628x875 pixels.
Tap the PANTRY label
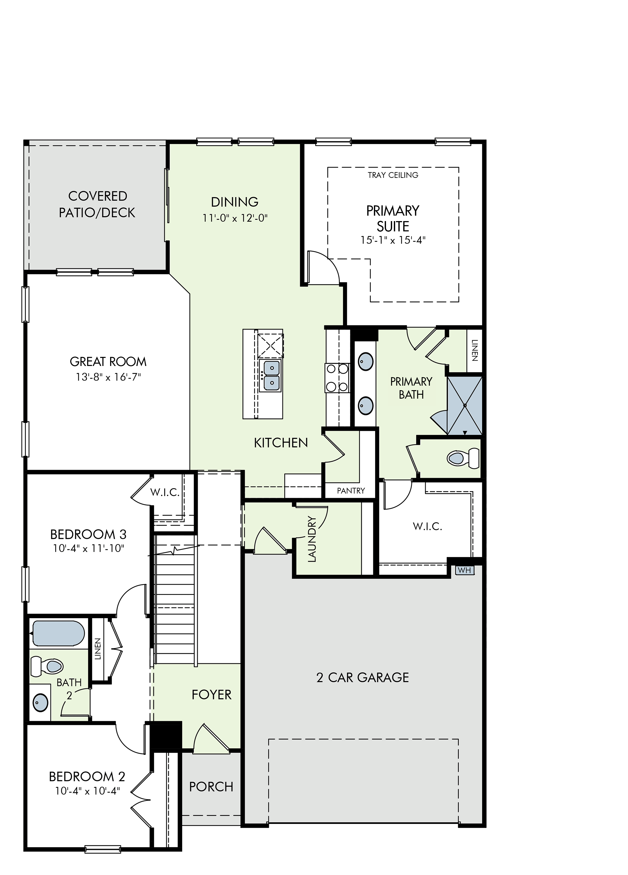tap(351, 491)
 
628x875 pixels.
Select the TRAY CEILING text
tap(393, 175)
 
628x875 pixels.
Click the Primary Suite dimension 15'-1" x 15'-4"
tap(393, 240)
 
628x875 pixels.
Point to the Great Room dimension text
tap(108, 377)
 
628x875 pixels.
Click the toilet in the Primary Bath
tap(463, 458)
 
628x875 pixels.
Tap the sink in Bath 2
tap(40, 702)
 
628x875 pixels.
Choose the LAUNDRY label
tap(312, 539)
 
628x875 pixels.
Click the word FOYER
tap(211, 694)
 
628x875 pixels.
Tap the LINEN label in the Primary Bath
tap(474, 350)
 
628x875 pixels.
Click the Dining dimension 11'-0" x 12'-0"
tap(235, 218)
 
